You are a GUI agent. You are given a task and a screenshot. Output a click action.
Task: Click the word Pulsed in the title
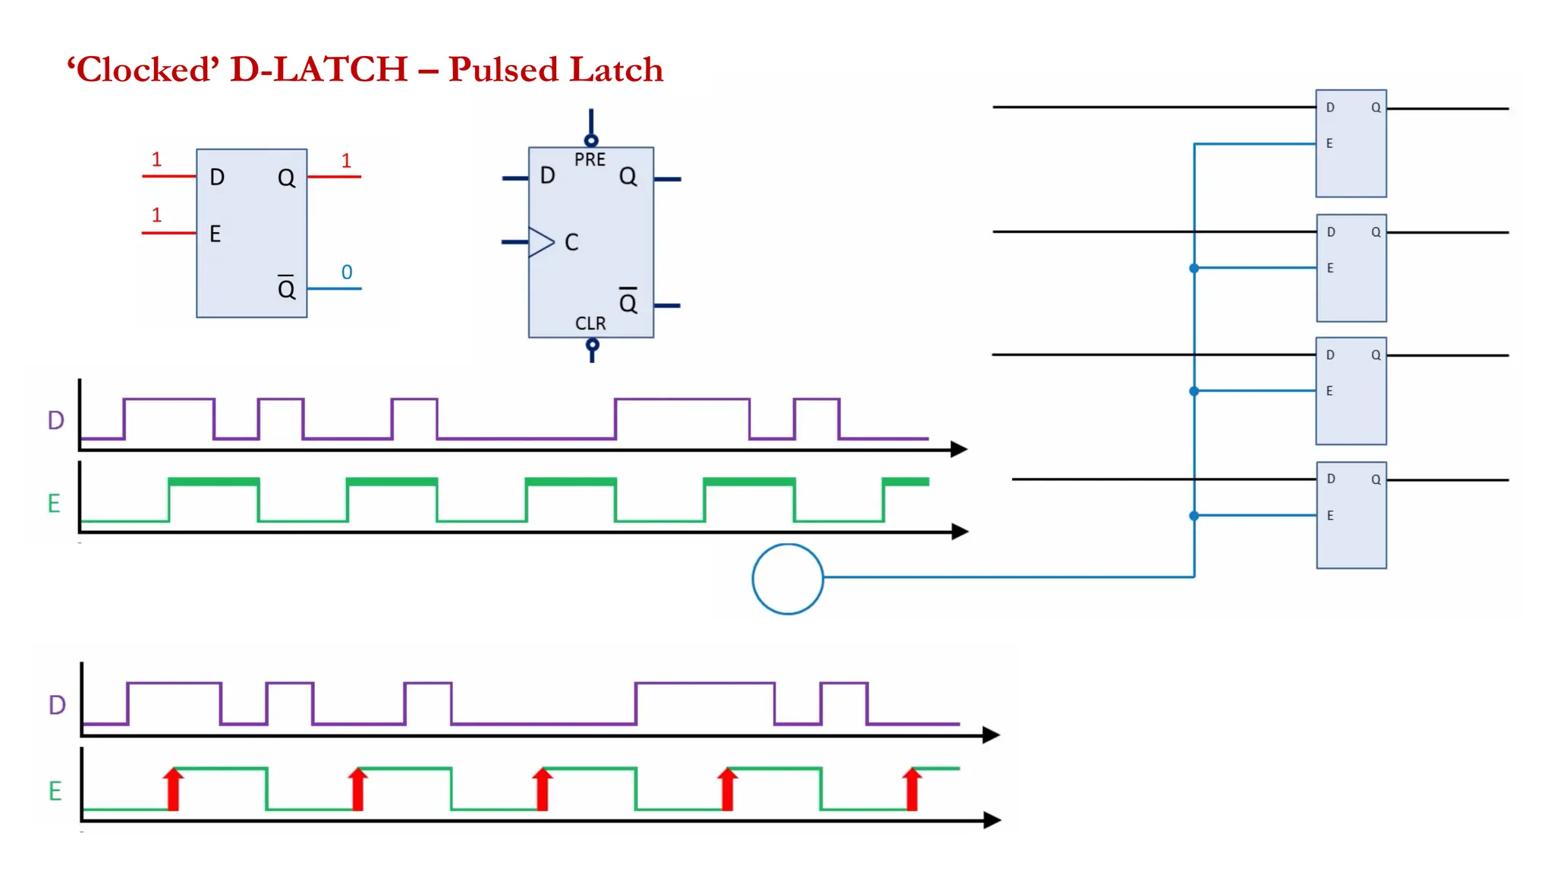click(503, 70)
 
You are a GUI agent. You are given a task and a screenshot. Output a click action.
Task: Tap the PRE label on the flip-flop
click(590, 160)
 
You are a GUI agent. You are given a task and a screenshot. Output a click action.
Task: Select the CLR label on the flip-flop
click(590, 324)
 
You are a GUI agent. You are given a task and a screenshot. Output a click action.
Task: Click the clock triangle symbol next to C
click(541, 242)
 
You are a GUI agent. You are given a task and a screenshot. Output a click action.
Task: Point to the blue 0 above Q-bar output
click(347, 272)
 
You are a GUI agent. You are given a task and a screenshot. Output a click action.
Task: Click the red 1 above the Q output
click(346, 161)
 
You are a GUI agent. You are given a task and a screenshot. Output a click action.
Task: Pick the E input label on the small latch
click(215, 234)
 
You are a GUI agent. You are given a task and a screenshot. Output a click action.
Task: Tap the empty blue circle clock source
click(788, 579)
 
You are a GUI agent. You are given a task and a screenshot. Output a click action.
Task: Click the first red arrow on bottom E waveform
click(174, 789)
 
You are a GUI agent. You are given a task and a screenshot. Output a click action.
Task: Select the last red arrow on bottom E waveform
click(912, 789)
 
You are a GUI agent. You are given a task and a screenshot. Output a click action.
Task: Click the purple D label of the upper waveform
click(56, 420)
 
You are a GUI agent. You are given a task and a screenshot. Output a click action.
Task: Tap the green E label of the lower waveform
click(55, 791)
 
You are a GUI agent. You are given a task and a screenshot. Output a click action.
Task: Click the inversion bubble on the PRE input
click(591, 140)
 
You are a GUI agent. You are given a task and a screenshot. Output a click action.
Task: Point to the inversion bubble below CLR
click(593, 345)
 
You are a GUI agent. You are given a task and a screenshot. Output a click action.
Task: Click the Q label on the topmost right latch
click(1376, 108)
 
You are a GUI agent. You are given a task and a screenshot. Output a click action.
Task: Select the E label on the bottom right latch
click(1330, 516)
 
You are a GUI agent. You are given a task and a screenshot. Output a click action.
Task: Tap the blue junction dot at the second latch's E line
click(1194, 268)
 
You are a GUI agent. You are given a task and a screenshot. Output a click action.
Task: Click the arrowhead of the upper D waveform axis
click(960, 449)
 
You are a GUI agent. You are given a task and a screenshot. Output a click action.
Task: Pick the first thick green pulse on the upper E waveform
click(213, 481)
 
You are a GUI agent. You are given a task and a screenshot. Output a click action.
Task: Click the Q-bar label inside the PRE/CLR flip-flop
click(628, 302)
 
